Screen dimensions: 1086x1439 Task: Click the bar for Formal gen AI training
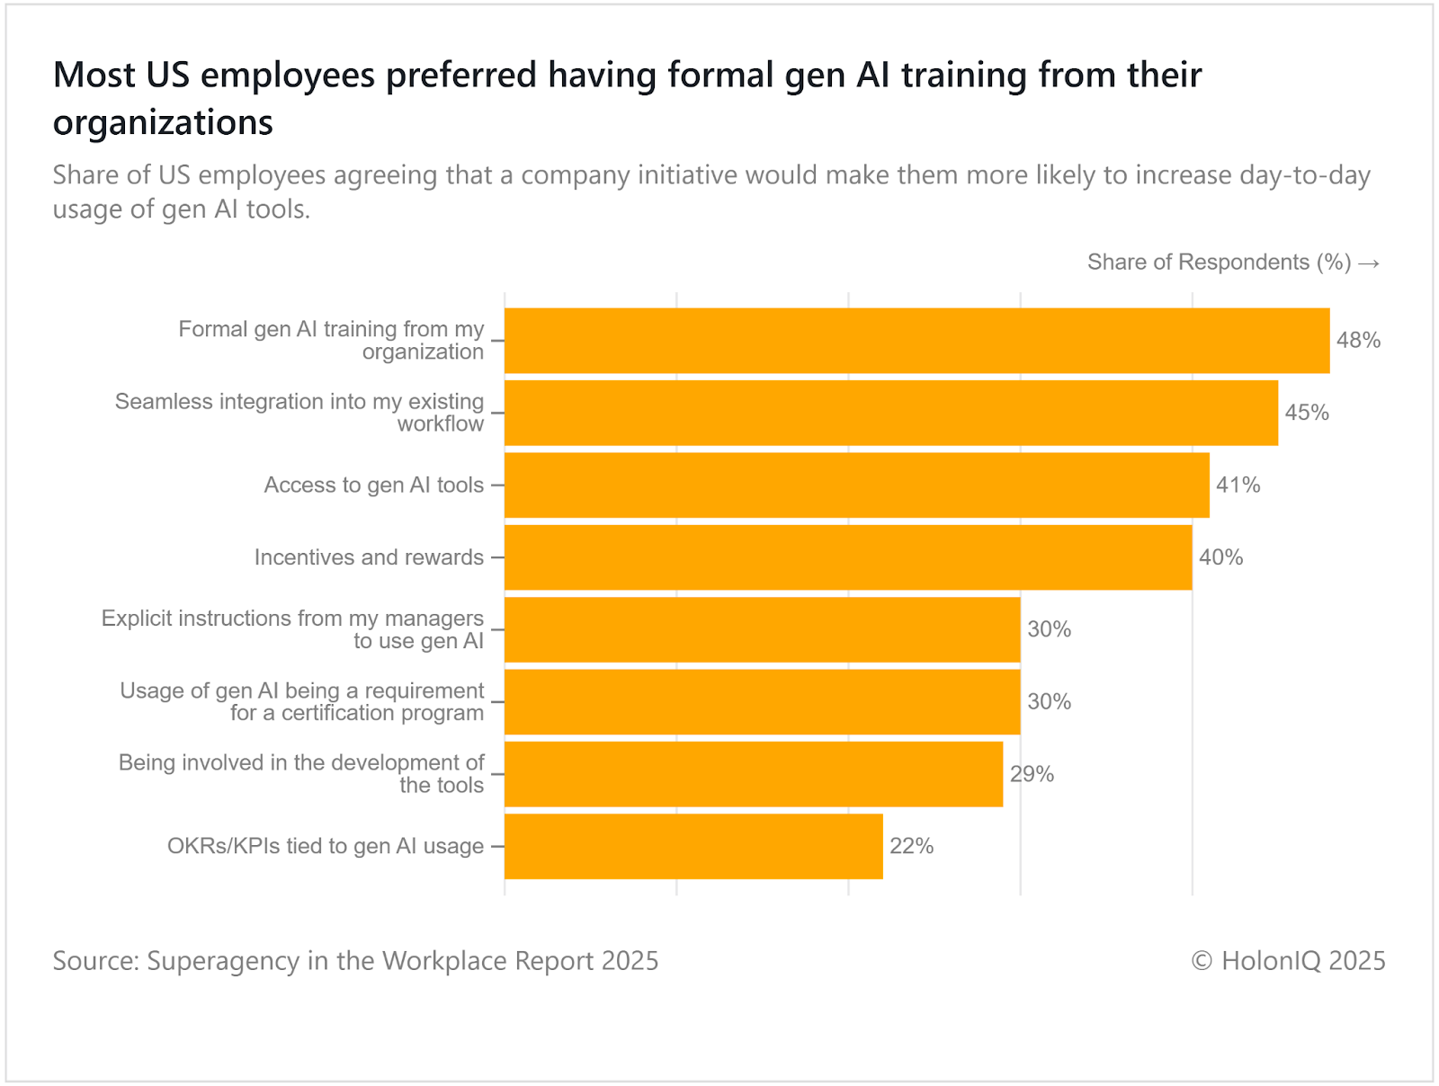click(916, 341)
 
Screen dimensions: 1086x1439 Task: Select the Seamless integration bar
click(890, 413)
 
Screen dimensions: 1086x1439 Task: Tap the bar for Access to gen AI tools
click(856, 485)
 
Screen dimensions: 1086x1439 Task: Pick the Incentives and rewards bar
click(848, 557)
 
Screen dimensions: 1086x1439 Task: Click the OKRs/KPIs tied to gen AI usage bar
click(693, 846)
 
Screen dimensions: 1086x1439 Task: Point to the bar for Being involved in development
click(754, 774)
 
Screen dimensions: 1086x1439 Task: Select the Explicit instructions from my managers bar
click(762, 629)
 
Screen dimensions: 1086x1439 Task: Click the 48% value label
click(1358, 341)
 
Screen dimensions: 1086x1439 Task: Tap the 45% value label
click(1307, 413)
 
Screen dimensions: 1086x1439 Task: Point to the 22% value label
click(912, 846)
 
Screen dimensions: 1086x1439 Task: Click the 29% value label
click(1032, 774)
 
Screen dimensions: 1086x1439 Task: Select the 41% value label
click(1238, 485)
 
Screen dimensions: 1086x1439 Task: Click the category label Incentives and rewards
click(369, 557)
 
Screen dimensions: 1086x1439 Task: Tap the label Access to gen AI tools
click(373, 485)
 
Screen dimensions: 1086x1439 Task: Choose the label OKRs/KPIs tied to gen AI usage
click(326, 846)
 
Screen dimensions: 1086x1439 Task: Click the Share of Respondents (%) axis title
click(1219, 263)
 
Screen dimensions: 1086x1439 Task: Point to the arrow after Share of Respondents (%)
click(1369, 263)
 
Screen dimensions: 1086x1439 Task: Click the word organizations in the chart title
click(163, 123)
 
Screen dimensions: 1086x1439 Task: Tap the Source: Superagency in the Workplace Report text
click(355, 961)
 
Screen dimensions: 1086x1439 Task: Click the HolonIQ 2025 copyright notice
click(1288, 961)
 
